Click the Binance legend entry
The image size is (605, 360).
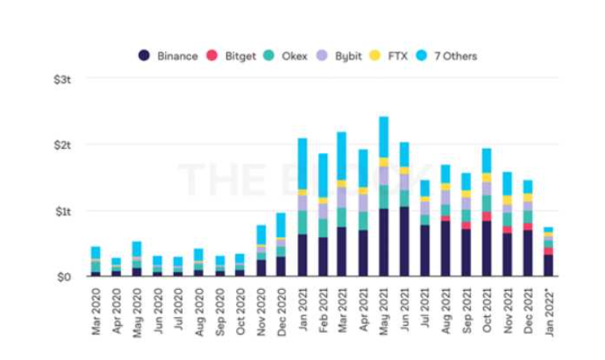coord(167,56)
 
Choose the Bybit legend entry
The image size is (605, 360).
coord(341,56)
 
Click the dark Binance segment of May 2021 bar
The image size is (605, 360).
coord(383,243)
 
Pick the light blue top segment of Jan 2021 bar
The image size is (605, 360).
coord(302,163)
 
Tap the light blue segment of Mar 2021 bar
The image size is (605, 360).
coord(342,155)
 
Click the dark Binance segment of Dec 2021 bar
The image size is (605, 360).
coord(527,253)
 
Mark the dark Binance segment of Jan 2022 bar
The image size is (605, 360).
coord(548,265)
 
